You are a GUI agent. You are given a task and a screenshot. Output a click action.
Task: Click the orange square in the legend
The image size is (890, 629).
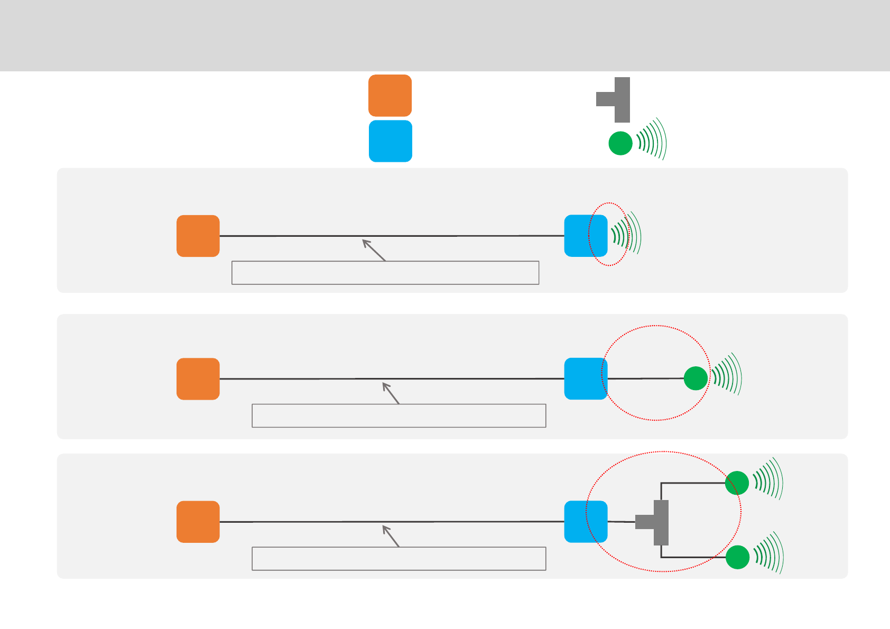(390, 96)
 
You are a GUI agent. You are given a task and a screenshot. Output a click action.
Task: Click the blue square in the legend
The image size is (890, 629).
(391, 141)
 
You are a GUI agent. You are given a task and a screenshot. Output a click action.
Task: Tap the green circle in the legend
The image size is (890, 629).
(620, 143)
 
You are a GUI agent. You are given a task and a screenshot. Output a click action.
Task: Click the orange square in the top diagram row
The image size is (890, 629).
(198, 236)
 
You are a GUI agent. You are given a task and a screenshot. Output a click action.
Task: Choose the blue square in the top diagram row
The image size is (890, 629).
(586, 236)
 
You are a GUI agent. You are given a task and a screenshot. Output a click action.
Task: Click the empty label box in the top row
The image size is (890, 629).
(385, 273)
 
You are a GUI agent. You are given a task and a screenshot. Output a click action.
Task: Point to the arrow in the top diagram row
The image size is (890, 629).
(374, 250)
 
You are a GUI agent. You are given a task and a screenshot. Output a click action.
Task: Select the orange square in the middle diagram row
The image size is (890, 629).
(198, 379)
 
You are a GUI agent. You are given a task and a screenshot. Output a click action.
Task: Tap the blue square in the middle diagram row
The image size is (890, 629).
(586, 379)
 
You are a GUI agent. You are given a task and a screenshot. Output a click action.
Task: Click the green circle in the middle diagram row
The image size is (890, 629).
(696, 378)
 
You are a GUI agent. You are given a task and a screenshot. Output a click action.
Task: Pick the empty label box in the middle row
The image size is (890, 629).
(399, 415)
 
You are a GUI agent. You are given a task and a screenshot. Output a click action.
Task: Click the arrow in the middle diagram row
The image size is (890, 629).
(391, 393)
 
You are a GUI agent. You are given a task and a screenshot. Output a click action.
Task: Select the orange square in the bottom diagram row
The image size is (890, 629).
(198, 522)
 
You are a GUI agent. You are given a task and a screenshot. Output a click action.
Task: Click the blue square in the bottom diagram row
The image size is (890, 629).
(586, 522)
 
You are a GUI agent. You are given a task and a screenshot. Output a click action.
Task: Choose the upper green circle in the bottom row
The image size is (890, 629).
(737, 483)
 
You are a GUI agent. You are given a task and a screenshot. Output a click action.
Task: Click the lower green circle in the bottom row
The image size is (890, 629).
(738, 558)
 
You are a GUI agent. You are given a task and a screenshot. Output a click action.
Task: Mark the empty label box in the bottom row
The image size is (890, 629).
(399, 559)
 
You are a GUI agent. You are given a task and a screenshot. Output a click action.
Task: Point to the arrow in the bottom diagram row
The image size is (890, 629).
(391, 536)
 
